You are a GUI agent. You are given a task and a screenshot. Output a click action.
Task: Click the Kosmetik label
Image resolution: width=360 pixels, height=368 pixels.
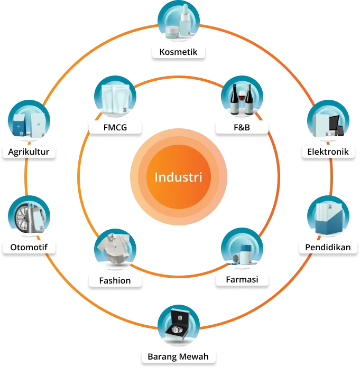pyautogui.click(x=178, y=52)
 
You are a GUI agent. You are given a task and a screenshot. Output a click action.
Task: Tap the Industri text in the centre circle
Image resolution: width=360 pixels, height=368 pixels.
pyautogui.click(x=179, y=176)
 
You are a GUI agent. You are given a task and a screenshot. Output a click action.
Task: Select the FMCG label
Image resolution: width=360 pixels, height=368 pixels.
pyautogui.click(x=115, y=127)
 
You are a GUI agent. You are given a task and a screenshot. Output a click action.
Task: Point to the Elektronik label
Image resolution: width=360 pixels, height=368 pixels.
pyautogui.click(x=328, y=152)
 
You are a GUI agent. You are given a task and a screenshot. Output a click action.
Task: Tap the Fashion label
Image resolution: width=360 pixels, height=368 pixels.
pyautogui.click(x=115, y=280)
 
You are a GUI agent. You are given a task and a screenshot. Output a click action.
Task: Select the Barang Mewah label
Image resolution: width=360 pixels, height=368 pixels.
pyautogui.click(x=179, y=357)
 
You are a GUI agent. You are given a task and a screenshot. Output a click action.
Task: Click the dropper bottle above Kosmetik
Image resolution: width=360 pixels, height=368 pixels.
pyautogui.click(x=184, y=22)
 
